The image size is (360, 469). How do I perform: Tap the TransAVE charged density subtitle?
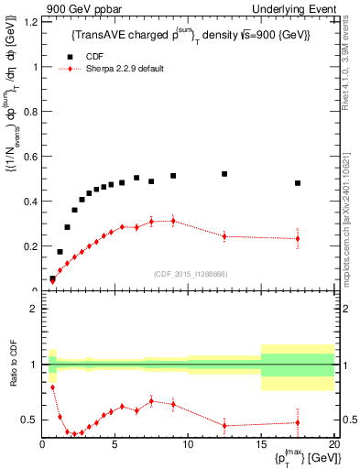[x=191, y=35]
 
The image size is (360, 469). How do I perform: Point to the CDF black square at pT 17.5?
[x=298, y=183]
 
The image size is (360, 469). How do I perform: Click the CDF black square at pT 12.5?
[x=224, y=173]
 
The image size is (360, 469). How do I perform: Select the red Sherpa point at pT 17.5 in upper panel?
[x=298, y=238]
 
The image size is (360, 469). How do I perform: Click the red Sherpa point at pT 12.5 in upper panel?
[x=224, y=236]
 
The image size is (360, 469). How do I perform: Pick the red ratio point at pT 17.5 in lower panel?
[x=298, y=422]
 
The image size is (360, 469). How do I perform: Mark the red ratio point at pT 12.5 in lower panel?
[x=224, y=425]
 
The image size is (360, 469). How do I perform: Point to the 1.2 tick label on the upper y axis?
[x=29, y=22]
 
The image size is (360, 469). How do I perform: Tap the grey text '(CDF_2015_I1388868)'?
[x=190, y=274]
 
